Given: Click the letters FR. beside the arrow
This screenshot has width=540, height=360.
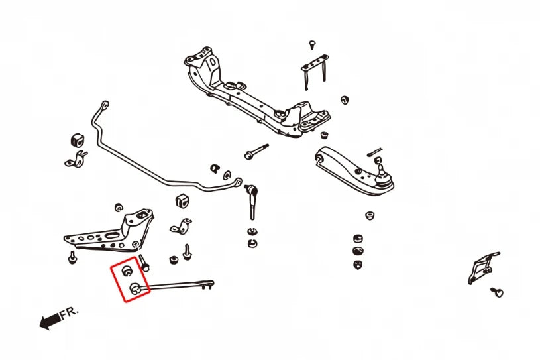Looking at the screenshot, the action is [69, 313].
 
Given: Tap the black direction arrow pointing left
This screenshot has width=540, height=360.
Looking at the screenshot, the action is [50, 322].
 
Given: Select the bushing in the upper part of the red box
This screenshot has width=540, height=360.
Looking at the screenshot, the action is [127, 270].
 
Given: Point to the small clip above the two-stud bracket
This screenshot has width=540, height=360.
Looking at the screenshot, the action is [312, 44].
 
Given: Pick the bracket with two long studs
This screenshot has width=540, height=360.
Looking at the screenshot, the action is [315, 72].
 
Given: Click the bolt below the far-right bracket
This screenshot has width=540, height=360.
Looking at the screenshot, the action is [498, 292].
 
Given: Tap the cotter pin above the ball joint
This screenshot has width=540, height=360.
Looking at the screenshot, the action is [375, 152].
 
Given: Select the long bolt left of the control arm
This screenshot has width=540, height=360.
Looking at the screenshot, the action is [256, 152].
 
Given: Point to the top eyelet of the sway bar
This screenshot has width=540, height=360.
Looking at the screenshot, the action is [104, 104].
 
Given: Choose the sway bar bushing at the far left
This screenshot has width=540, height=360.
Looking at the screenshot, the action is [78, 140].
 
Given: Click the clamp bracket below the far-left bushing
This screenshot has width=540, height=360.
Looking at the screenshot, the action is [76, 160].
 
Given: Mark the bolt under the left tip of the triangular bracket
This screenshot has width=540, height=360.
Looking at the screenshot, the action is [72, 257].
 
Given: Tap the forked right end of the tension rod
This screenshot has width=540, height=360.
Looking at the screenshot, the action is [208, 284].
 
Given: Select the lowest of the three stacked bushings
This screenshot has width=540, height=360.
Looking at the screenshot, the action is [358, 265].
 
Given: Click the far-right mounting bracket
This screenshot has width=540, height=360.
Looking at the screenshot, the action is [483, 267].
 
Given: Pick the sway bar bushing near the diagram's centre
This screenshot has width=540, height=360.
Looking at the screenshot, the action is [182, 201].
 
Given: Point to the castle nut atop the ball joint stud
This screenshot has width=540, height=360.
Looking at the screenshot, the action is [378, 160].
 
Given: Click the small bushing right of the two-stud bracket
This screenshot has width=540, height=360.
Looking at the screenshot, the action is [345, 100].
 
